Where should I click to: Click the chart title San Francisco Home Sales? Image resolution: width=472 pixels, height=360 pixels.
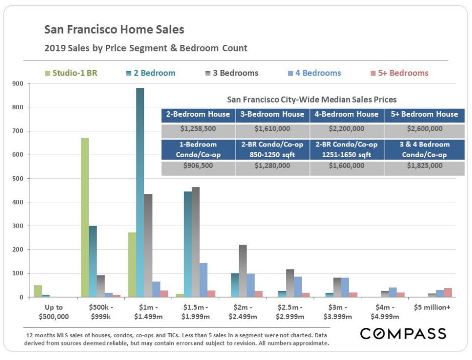point(114,29)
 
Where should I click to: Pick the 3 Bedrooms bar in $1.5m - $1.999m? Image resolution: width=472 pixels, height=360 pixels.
point(196,242)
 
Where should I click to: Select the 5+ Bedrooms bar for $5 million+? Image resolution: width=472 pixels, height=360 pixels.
point(448,293)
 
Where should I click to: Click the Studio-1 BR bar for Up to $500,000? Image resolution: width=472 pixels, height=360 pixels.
point(38,291)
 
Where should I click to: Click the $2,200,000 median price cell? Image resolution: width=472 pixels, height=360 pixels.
point(347,129)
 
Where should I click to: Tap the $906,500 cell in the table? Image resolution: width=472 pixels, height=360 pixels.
point(198,165)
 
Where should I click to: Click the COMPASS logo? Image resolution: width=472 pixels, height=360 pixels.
point(403,334)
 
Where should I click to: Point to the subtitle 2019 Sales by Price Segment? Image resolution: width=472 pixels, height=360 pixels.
point(146,48)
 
